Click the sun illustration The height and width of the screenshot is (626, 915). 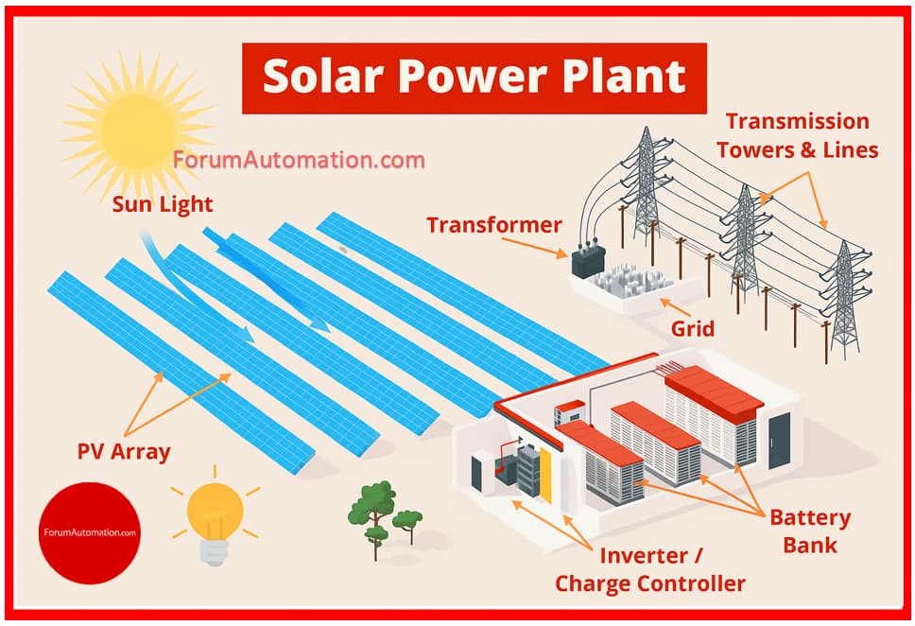coord(138,129)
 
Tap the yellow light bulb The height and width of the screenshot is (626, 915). coord(215,516)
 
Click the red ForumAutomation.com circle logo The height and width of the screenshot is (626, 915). coord(90,532)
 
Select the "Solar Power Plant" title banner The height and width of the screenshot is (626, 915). coord(475,78)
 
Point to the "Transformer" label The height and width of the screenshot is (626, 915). coord(494,225)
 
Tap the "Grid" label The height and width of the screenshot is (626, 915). coord(693,329)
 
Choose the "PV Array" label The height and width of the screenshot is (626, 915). coord(124,452)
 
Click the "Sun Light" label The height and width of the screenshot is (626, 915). coord(163,204)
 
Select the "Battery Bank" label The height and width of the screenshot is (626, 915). coord(810,531)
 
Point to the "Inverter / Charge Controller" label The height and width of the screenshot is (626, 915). coord(650,569)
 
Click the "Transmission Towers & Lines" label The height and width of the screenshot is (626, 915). coord(798,135)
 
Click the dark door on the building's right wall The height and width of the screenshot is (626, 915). coord(779,441)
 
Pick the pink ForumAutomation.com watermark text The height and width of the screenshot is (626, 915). coord(300,160)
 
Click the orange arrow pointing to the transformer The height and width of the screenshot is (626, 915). coord(534,248)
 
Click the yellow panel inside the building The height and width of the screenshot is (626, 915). coord(545,476)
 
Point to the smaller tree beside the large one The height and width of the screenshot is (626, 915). coord(408,523)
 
